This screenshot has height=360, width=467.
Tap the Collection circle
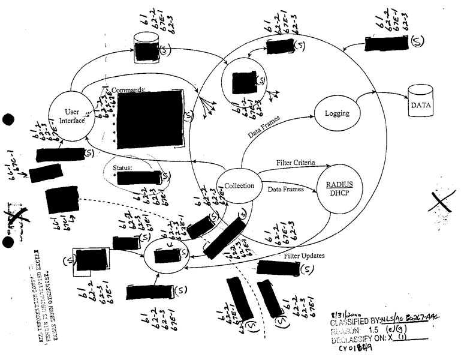click(234, 185)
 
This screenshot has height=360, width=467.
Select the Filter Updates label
click(305, 256)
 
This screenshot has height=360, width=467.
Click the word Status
click(123, 167)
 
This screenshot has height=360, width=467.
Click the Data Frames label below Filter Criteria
click(285, 188)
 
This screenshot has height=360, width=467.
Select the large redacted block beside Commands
click(150, 116)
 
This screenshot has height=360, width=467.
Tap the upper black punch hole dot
click(8, 119)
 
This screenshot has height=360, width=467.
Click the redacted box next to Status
click(141, 178)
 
